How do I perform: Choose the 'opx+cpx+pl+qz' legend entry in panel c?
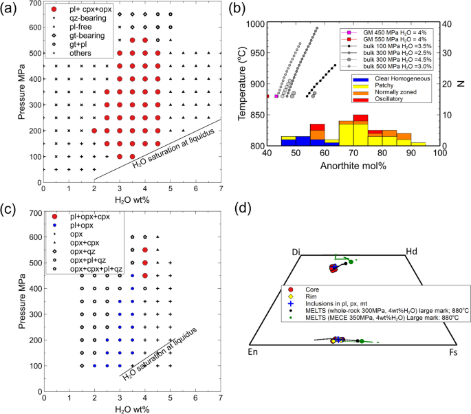91,268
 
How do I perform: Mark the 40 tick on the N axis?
448,24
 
